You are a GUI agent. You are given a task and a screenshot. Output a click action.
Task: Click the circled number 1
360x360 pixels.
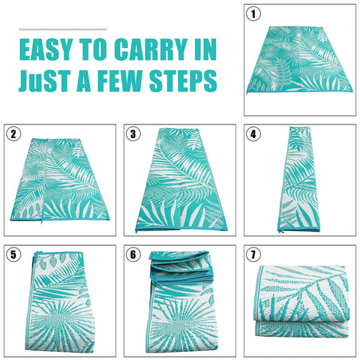253,13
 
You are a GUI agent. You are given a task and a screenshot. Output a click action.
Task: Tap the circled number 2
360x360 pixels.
13,133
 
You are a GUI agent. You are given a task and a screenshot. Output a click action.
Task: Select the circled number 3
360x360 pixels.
133,133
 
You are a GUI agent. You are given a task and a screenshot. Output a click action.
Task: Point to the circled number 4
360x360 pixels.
253,133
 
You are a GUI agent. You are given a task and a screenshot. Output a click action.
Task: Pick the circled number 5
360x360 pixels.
13,254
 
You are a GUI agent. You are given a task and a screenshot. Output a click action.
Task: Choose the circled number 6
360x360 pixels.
133,254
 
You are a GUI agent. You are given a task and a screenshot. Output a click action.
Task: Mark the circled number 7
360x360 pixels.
253,254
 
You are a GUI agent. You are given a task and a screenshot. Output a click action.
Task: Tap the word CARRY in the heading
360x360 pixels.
151,49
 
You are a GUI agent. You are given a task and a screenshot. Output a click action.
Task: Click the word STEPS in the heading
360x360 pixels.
183,81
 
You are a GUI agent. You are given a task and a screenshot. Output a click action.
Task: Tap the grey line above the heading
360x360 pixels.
63,29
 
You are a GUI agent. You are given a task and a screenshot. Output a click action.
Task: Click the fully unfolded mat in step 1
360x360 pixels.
299,59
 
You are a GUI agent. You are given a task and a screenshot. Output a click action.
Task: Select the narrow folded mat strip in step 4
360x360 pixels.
299,180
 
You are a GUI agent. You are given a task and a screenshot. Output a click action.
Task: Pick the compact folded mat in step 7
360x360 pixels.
301,301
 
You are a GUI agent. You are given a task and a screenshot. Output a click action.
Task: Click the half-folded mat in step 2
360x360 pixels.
60,179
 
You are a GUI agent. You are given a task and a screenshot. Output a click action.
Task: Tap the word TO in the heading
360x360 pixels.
93,49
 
